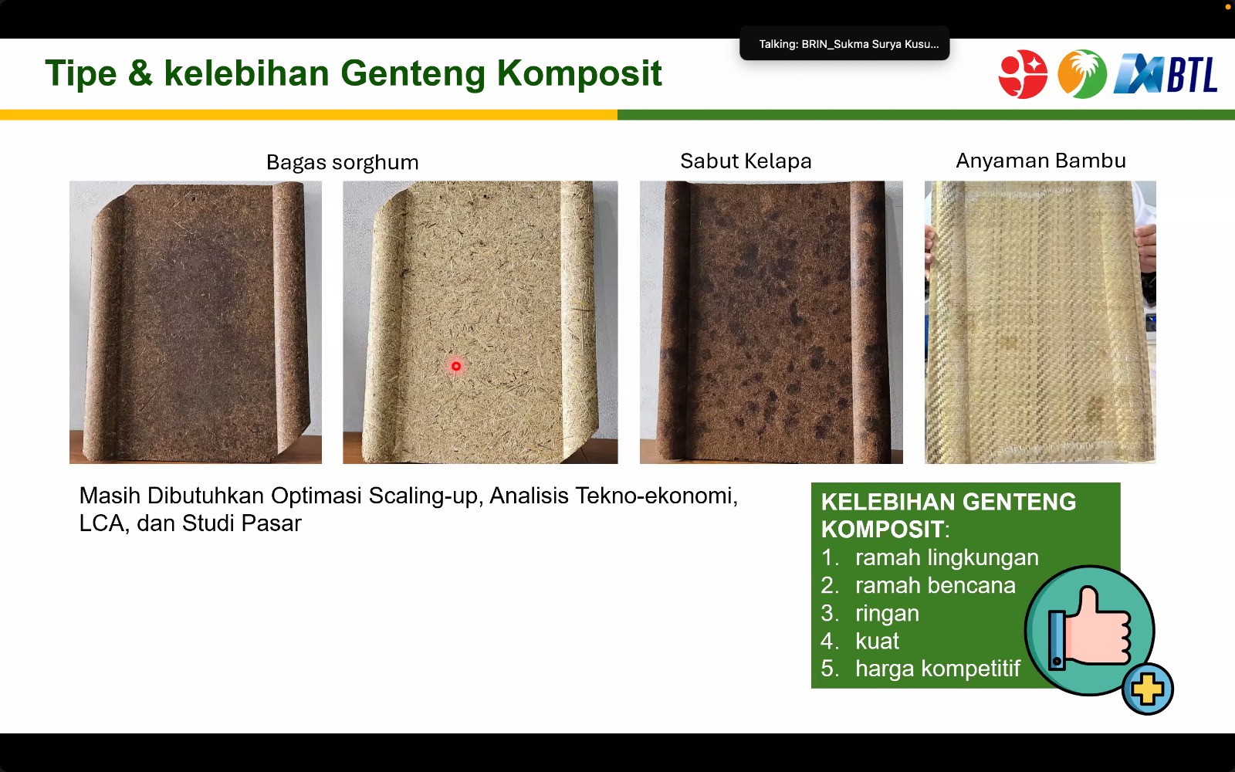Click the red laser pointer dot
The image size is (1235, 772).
456,366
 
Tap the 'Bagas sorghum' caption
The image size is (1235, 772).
343,163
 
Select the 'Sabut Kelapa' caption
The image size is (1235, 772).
746,161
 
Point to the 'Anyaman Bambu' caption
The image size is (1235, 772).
1041,161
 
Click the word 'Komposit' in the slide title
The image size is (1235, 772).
579,74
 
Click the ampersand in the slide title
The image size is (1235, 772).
140,73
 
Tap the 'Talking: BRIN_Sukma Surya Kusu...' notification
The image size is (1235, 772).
844,44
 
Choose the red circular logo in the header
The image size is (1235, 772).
1023,74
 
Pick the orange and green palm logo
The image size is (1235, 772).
1081,74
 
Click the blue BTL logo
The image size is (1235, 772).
1165,74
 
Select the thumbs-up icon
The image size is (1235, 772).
1089,630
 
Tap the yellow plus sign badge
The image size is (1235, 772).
1147,689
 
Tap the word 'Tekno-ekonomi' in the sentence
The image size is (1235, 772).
656,496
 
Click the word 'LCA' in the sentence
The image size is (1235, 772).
103,523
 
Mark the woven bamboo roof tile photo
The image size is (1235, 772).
1040,322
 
